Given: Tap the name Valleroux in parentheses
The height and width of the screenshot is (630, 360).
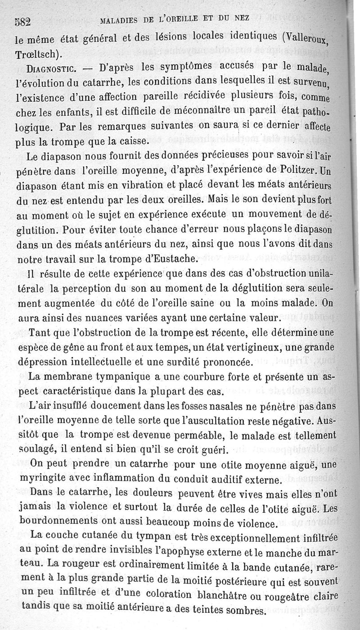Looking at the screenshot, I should [x=317, y=36].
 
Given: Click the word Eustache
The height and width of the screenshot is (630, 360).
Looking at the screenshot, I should [x=175, y=258].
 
